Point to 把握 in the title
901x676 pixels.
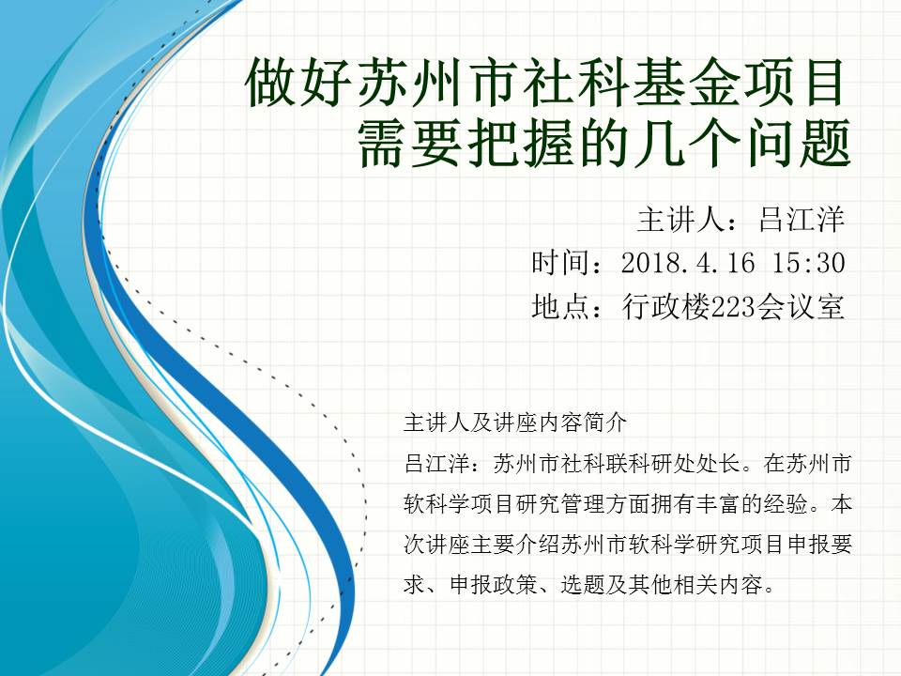point(499,144)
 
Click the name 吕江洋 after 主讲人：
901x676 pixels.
point(802,220)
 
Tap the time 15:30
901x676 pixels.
point(808,263)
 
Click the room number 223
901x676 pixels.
point(732,307)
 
